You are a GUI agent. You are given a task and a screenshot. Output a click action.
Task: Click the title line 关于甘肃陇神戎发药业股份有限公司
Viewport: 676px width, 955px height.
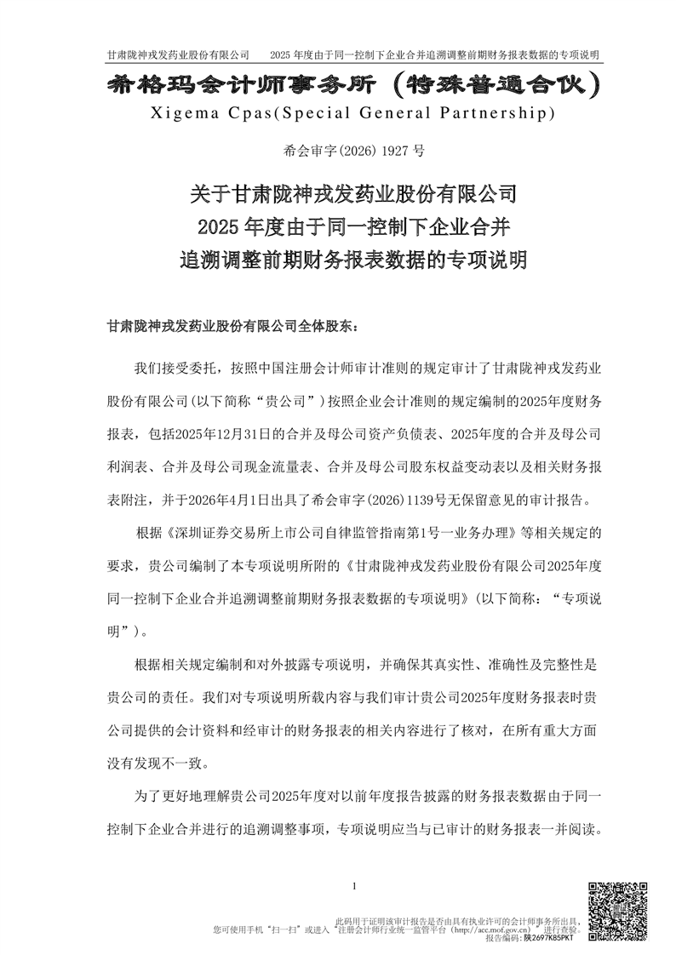coord(352,195)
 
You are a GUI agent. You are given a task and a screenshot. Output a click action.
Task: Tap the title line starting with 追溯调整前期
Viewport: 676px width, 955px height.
coord(352,259)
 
